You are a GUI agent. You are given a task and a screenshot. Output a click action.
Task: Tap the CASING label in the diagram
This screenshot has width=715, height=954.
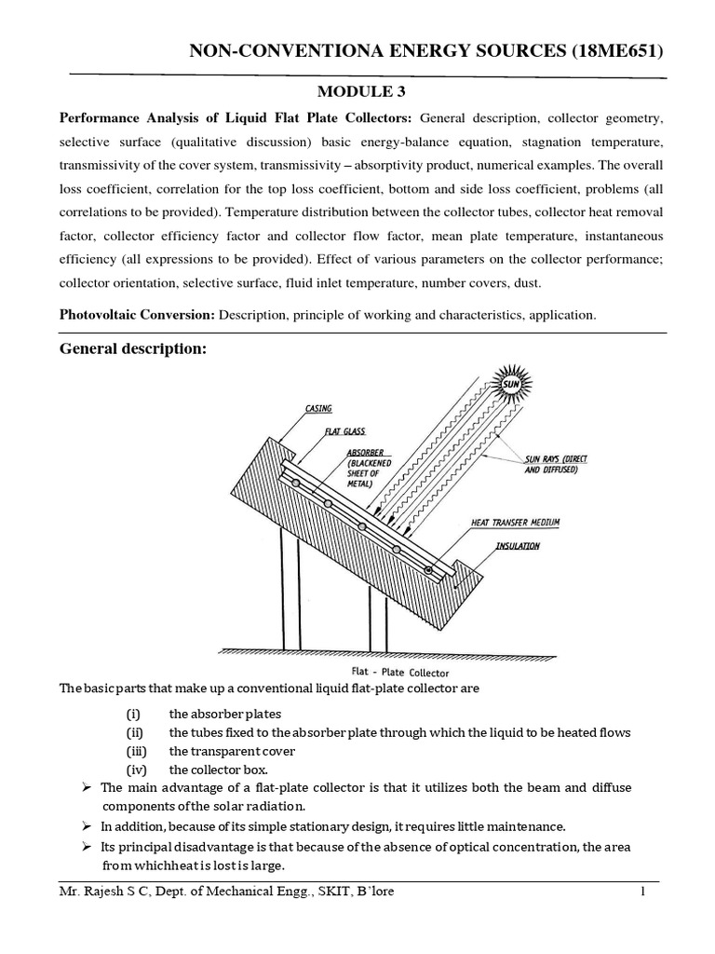pyautogui.click(x=318, y=409)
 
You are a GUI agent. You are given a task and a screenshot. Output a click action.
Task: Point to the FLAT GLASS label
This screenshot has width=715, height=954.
pyautogui.click(x=346, y=431)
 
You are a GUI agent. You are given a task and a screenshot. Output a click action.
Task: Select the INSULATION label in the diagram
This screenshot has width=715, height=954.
pyautogui.click(x=517, y=546)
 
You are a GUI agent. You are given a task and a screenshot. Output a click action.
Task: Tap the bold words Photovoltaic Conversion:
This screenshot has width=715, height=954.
pyautogui.click(x=137, y=315)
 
